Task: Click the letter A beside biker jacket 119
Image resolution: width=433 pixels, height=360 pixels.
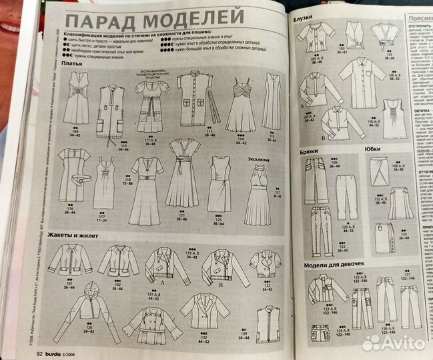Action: [x=163, y=282]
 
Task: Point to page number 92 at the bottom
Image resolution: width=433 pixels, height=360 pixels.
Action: [x=39, y=353]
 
